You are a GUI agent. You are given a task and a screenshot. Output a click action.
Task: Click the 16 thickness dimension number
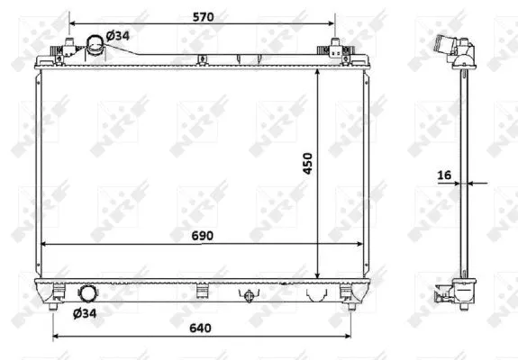click(445, 175)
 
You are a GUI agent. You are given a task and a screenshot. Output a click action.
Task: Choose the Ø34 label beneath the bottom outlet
click(85, 312)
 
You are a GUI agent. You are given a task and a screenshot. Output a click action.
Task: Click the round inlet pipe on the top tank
click(95, 45)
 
